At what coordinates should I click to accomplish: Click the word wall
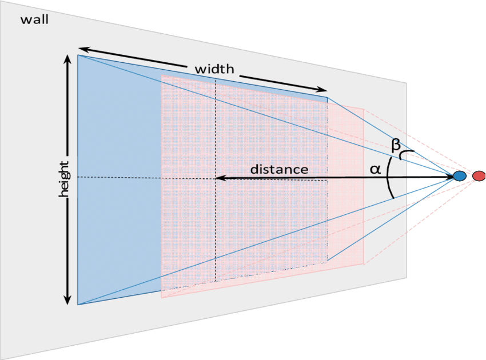click(34, 21)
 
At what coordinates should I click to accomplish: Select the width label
click(214, 69)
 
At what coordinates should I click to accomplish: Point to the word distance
click(279, 170)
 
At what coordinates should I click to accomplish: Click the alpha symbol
click(375, 169)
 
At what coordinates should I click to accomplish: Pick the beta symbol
click(396, 145)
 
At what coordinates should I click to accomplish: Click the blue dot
click(459, 176)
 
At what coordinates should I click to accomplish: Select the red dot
click(479, 176)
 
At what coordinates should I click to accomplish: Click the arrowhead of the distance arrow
click(219, 178)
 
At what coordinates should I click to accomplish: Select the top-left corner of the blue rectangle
click(78, 55)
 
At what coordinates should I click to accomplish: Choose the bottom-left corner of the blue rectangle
click(78, 305)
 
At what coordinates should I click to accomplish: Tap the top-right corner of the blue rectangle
click(328, 97)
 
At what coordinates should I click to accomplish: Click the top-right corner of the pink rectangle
click(364, 108)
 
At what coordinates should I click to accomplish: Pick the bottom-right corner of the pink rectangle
click(364, 263)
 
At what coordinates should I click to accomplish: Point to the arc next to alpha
click(389, 178)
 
